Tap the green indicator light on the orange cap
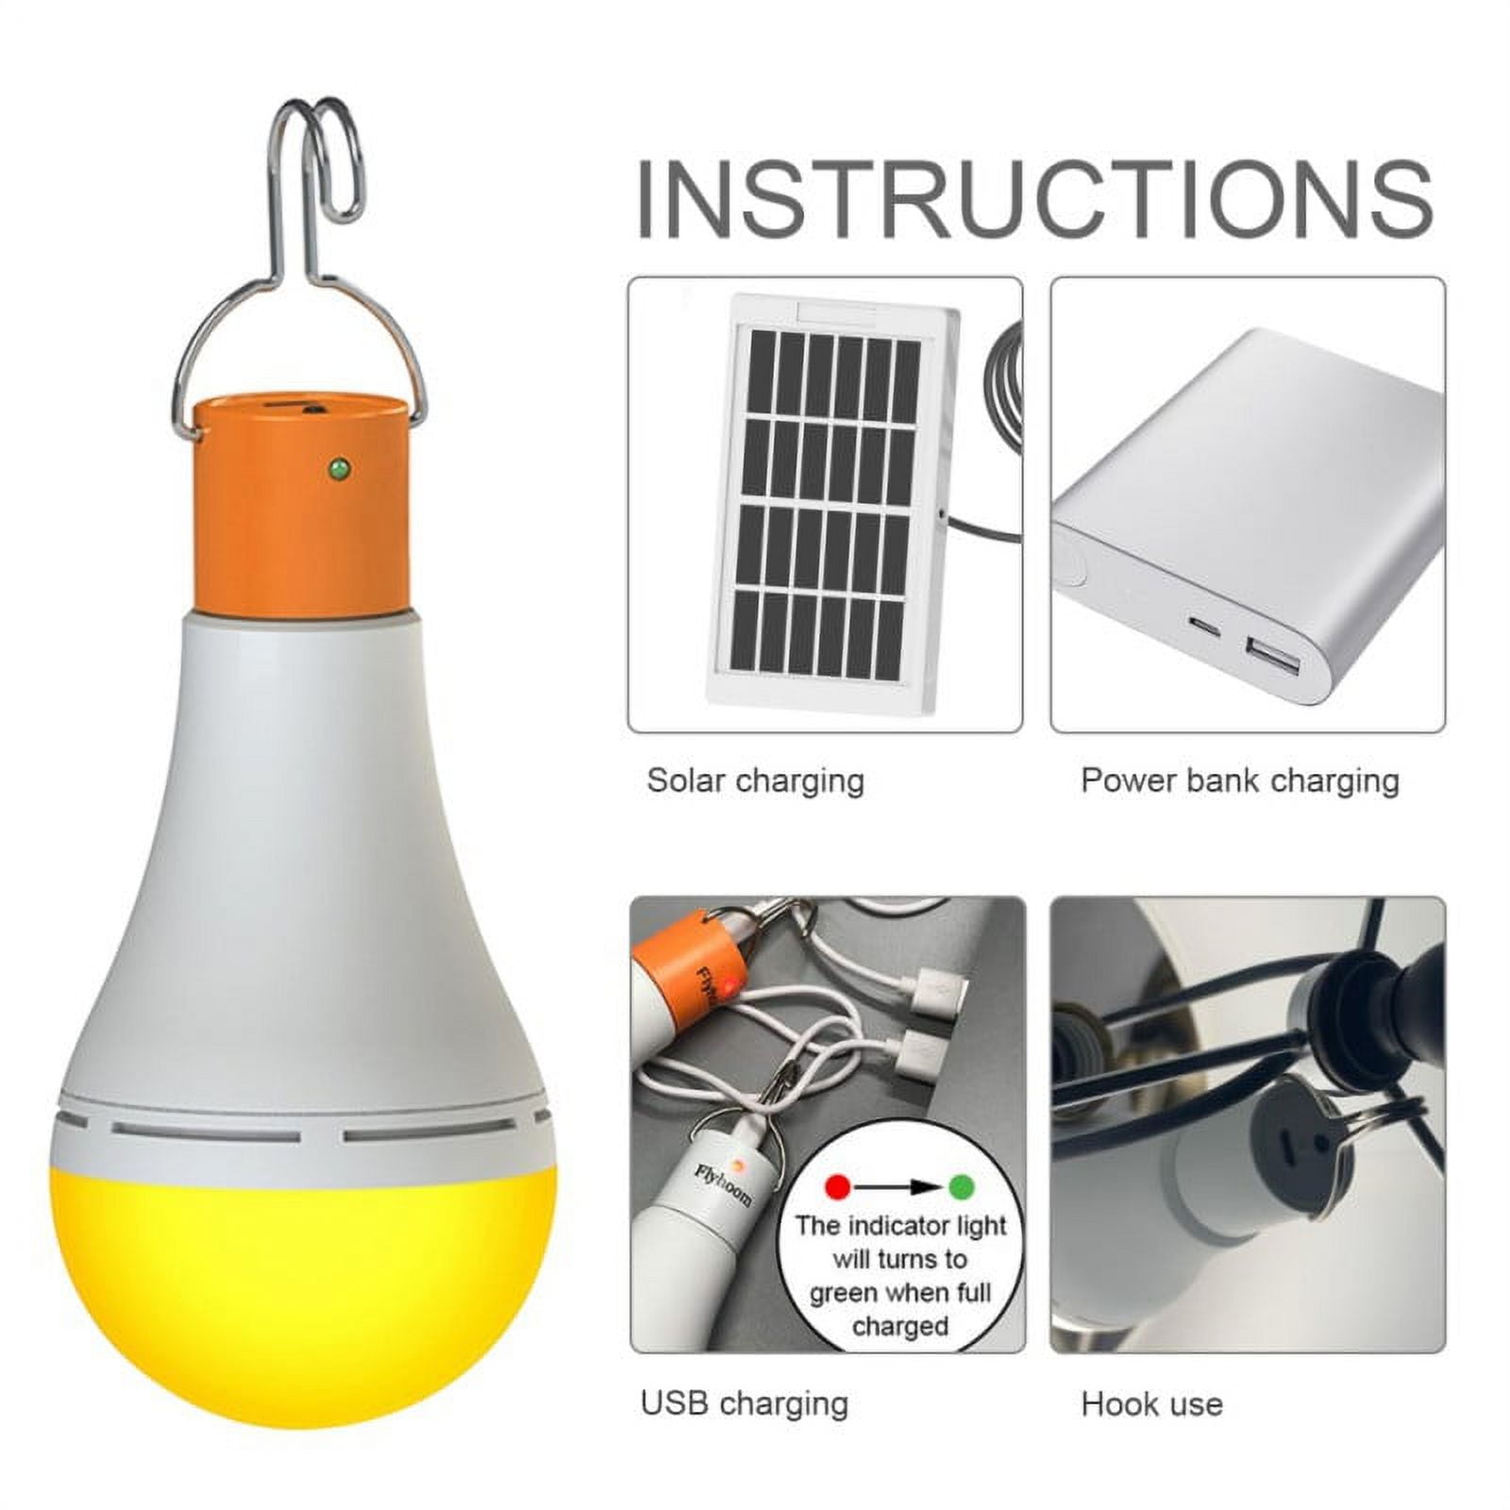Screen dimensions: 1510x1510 336,466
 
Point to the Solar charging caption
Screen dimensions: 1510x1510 755,781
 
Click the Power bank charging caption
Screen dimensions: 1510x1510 1239,781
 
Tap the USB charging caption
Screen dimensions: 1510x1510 744,1403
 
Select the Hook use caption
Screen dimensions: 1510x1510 1151,1404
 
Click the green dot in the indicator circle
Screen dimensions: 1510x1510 961,1185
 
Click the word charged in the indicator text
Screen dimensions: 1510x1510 899,1327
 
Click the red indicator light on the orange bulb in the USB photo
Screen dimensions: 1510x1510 732,988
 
